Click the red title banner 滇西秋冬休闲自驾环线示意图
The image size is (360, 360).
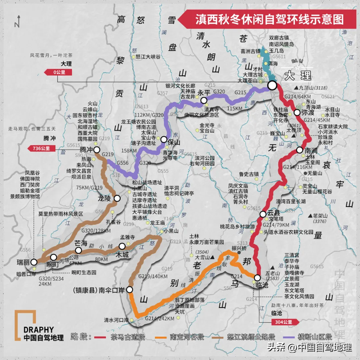(269, 18)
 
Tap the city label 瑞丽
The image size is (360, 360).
(22, 263)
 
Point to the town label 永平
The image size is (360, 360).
(204, 92)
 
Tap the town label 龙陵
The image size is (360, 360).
(105, 198)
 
